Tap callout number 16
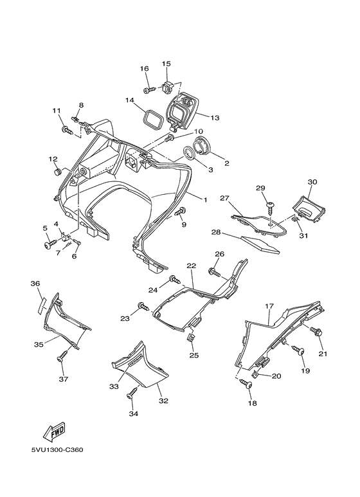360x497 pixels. coord(144,69)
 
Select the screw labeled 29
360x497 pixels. coord(271,206)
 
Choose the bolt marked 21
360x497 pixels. coord(317,332)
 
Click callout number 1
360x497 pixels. coord(205,200)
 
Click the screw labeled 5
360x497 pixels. coord(49,244)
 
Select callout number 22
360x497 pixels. coord(191,266)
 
